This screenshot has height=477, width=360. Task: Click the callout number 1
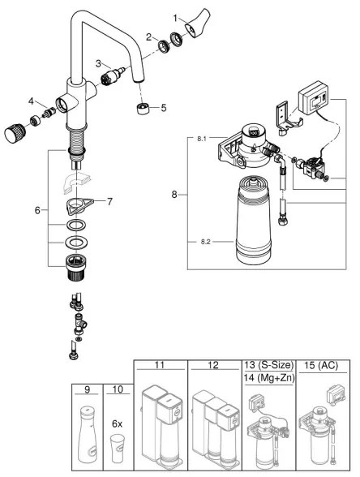click(174, 16)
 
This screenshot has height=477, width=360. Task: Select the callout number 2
click(149, 36)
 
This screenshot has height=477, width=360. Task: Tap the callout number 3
click(97, 62)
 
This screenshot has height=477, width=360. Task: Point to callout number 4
click(31, 101)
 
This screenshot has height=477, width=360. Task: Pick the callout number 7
click(112, 200)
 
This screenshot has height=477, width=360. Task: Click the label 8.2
click(206, 239)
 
